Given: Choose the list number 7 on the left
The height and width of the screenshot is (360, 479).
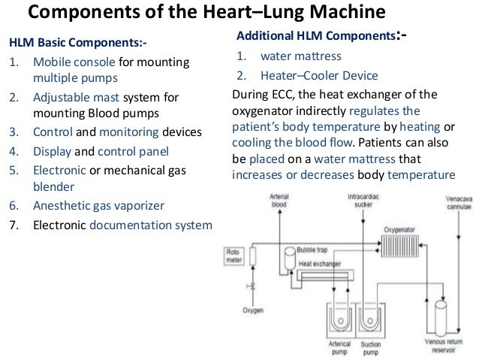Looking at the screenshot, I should pos(13,223).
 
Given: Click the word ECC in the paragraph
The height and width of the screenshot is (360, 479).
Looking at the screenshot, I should pos(292,95).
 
